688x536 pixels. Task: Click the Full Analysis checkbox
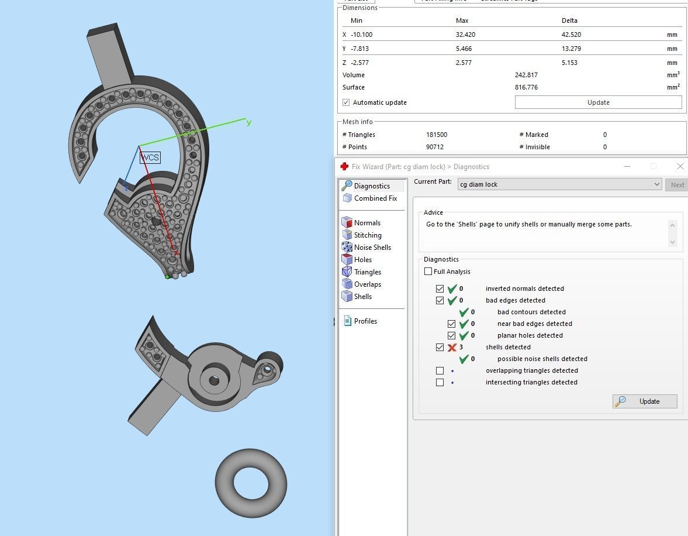(428, 272)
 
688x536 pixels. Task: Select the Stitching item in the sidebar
(367, 235)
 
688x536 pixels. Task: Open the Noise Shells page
(372, 248)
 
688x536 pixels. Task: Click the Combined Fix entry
(375, 198)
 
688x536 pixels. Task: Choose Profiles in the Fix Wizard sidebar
(365, 321)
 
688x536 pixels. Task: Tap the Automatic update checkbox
(346, 102)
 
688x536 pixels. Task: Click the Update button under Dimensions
(598, 102)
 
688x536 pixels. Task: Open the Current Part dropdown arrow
(657, 185)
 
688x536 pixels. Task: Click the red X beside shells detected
(452, 348)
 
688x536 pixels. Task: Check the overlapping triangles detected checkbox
(440, 371)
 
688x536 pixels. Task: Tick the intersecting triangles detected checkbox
(440, 383)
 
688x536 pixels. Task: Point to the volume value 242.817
(526, 75)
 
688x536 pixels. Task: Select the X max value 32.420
(465, 35)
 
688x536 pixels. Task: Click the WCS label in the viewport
(150, 157)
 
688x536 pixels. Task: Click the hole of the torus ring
(251, 483)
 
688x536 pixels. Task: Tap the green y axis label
(249, 122)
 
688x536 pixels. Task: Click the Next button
(677, 185)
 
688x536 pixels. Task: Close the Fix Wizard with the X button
(680, 167)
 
